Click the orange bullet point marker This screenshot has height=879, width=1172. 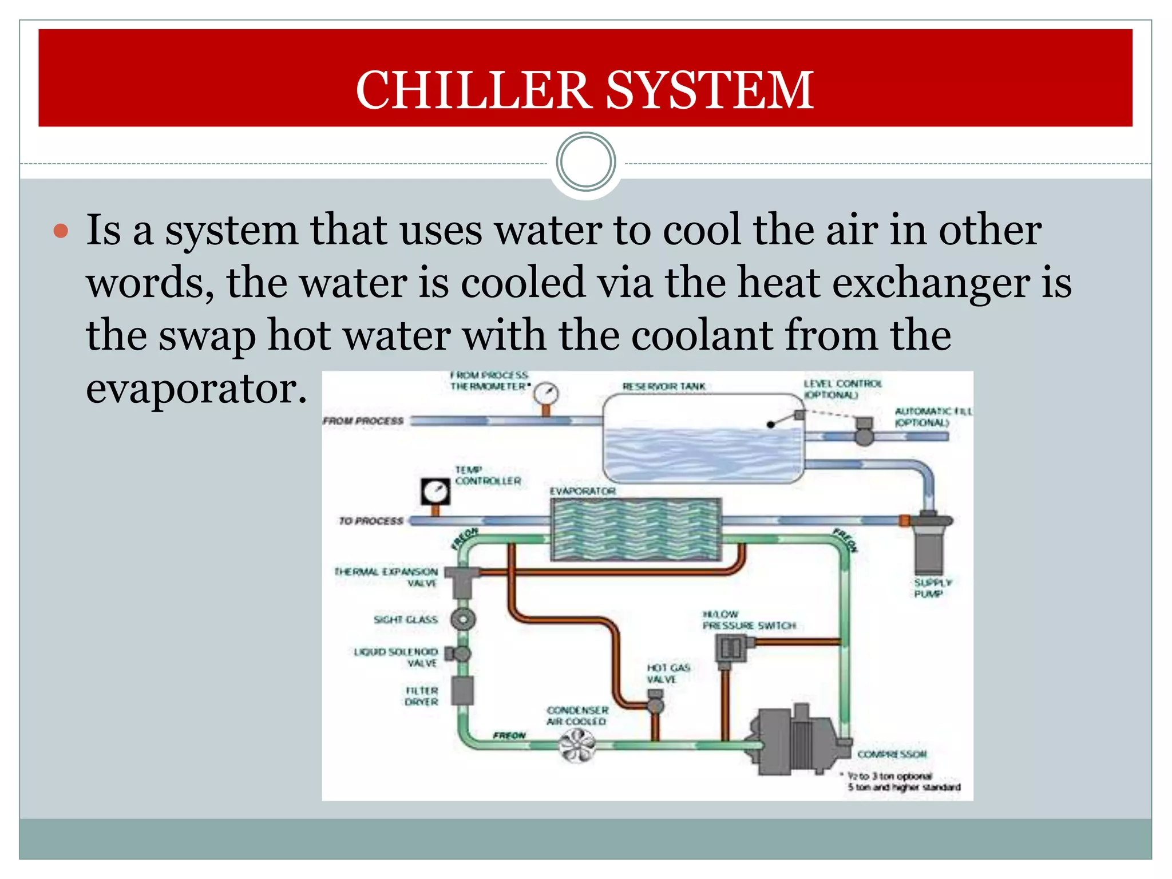click(61, 232)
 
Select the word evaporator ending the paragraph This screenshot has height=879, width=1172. click(196, 389)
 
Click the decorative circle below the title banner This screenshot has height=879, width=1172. click(585, 162)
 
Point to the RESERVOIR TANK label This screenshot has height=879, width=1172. click(664, 387)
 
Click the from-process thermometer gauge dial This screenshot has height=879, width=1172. click(546, 394)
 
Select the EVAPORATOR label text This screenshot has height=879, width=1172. click(583, 492)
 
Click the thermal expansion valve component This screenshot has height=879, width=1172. click(461, 579)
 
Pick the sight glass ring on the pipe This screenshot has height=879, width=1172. click(462, 619)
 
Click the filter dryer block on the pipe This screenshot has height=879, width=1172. click(462, 691)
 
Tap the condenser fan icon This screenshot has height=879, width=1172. click(577, 746)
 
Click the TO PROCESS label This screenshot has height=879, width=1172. click(371, 521)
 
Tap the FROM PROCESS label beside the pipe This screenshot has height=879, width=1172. click(363, 421)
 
